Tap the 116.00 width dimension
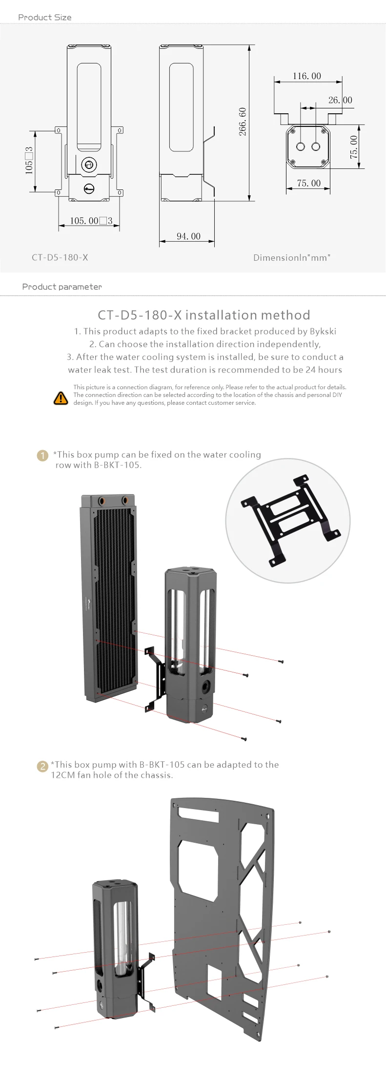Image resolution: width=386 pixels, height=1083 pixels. [x=307, y=76]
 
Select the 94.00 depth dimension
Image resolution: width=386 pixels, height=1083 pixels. [x=188, y=236]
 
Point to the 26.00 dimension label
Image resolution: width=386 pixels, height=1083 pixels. [x=340, y=100]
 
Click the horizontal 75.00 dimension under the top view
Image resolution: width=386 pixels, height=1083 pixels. [x=309, y=183]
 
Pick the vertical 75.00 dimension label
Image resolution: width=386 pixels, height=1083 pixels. [x=354, y=146]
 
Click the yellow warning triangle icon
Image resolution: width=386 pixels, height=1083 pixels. [x=61, y=398]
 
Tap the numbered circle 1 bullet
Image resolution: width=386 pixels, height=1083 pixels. [x=42, y=456]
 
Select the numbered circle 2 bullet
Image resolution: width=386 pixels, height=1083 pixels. [x=43, y=766]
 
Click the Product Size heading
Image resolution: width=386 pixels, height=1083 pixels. [x=45, y=17]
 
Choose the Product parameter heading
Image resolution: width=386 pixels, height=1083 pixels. [x=62, y=287]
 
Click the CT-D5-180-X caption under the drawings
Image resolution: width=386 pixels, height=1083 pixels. [x=60, y=257]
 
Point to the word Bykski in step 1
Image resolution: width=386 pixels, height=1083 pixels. [x=323, y=331]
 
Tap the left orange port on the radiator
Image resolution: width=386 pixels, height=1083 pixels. [x=103, y=500]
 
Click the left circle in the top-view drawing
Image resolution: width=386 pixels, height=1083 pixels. [x=301, y=146]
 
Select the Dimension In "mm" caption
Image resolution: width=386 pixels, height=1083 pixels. [x=292, y=257]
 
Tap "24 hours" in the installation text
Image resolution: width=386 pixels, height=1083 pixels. [x=324, y=370]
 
